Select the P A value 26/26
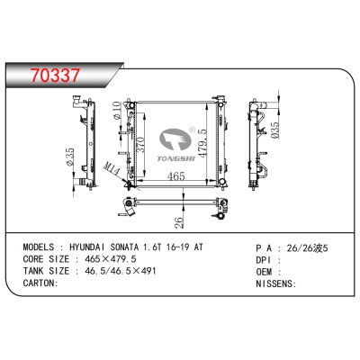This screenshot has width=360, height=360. (302, 246)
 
